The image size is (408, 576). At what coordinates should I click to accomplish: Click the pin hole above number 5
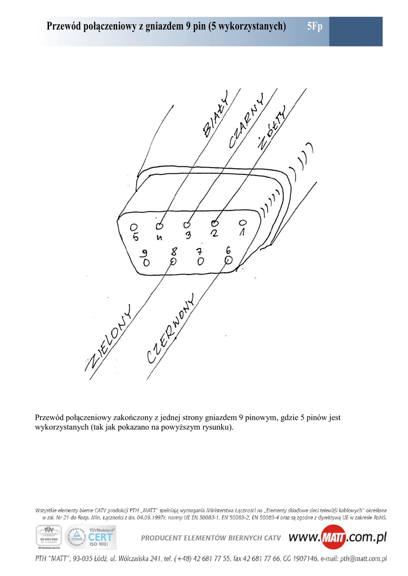pyautogui.click(x=134, y=227)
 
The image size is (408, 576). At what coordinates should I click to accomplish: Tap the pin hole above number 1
pyautogui.click(x=243, y=223)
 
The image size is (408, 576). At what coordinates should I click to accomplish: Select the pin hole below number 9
pyautogui.click(x=146, y=263)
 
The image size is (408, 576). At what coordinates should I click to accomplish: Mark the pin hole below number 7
pyautogui.click(x=200, y=261)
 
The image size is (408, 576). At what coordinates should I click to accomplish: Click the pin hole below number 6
pyautogui.click(x=228, y=260)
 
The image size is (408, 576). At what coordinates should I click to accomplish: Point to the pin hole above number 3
pyautogui.click(x=189, y=224)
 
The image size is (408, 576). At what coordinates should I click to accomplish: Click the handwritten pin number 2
pyautogui.click(x=214, y=232)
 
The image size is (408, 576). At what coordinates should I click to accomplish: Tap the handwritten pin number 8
pyautogui.click(x=174, y=251)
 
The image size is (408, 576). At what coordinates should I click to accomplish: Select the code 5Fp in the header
pyautogui.click(x=315, y=27)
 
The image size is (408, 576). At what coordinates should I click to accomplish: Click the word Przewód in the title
pyautogui.click(x=65, y=27)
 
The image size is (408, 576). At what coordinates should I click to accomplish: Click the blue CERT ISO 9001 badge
pyautogui.click(x=100, y=537)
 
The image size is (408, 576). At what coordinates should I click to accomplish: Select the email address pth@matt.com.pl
pyautogui.click(x=360, y=559)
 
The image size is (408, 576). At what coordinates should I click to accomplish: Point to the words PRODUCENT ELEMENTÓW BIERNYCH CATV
pyautogui.click(x=210, y=538)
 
